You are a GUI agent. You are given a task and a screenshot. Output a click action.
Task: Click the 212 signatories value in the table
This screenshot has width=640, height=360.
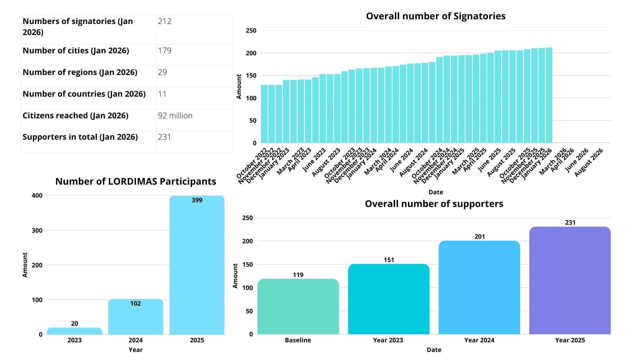pyautogui.click(x=165, y=21)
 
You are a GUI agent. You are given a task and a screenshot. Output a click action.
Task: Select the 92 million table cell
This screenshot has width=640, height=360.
pyautogui.click(x=175, y=116)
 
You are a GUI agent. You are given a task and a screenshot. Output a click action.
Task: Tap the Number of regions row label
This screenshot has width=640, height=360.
pyautogui.click(x=80, y=72)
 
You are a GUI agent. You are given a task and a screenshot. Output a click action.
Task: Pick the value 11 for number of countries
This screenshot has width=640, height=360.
pyautogui.click(x=162, y=94)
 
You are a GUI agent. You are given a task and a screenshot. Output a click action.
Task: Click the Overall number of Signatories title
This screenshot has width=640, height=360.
pyautogui.click(x=436, y=16)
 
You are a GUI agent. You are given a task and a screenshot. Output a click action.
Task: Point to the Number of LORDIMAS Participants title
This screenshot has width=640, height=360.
pyautogui.click(x=136, y=181)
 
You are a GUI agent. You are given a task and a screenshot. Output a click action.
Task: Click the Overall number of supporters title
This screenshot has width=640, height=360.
pyautogui.click(x=434, y=204)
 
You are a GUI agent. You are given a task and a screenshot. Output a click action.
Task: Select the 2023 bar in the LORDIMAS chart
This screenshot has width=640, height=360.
pyautogui.click(x=74, y=331)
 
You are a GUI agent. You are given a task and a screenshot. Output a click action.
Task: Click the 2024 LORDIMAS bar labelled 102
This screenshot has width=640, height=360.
pyautogui.click(x=136, y=317)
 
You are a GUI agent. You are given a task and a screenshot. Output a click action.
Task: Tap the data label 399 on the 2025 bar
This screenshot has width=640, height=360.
pyautogui.click(x=197, y=200)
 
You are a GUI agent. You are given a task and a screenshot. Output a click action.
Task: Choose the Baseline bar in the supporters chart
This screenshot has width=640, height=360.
pyautogui.click(x=298, y=307)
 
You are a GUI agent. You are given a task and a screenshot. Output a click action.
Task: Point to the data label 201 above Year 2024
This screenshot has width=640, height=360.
pyautogui.click(x=480, y=237)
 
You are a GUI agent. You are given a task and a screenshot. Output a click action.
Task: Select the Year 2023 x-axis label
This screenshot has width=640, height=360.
pyautogui.click(x=388, y=340)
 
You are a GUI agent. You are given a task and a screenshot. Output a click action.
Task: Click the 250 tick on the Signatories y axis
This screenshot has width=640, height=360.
pyautogui.click(x=251, y=31)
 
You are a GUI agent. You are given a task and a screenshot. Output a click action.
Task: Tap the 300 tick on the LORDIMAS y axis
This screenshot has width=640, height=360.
pyautogui.click(x=37, y=230)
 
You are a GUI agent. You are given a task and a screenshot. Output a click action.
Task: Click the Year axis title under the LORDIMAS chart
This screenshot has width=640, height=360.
pyautogui.click(x=136, y=350)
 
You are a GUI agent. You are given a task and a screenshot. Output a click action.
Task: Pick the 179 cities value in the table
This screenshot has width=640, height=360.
pyautogui.click(x=165, y=51)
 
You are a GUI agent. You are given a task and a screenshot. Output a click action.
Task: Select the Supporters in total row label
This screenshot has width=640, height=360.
pyautogui.click(x=80, y=137)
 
